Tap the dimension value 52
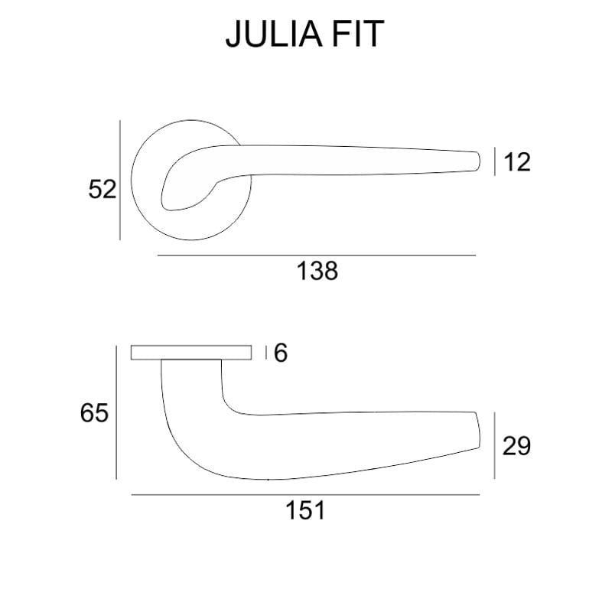(x=102, y=189)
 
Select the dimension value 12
(x=517, y=162)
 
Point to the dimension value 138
(x=316, y=270)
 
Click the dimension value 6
(x=280, y=353)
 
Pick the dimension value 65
(x=94, y=414)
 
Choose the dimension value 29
(x=516, y=445)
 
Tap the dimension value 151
(x=306, y=510)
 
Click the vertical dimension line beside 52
(x=120, y=180)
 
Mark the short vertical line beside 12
(x=496, y=162)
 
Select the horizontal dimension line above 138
(x=316, y=255)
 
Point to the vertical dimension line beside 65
(x=116, y=413)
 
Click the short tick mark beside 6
(x=265, y=353)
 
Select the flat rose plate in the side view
(x=191, y=353)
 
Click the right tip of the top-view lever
(x=477, y=159)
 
